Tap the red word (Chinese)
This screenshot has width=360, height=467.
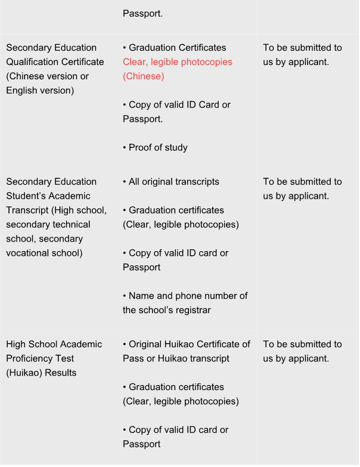point(143,76)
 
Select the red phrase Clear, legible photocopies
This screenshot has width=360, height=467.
point(178,62)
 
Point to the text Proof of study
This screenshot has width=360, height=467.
point(158,147)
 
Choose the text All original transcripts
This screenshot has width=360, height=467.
point(173,182)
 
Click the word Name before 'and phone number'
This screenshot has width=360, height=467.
point(143,296)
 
